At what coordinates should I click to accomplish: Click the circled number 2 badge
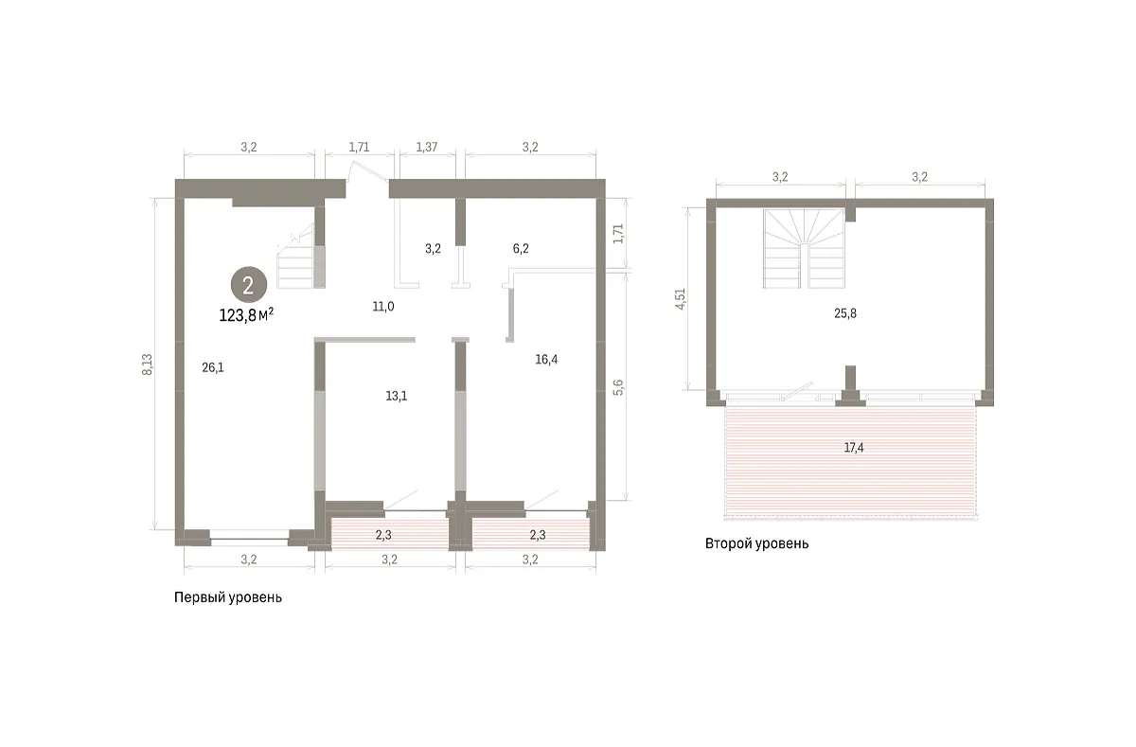click(x=248, y=285)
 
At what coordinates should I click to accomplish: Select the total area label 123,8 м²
click(x=246, y=315)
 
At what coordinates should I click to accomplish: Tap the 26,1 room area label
click(x=213, y=367)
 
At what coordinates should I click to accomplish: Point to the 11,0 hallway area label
click(x=382, y=307)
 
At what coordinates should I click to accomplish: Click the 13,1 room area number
click(x=396, y=396)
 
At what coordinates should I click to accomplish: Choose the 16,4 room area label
click(x=546, y=360)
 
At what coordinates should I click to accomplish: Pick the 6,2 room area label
click(x=521, y=248)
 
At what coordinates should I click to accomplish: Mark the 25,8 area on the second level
click(x=844, y=313)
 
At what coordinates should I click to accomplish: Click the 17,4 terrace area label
click(x=854, y=447)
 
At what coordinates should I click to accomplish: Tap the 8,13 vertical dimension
click(x=147, y=365)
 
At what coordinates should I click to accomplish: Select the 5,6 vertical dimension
click(x=617, y=387)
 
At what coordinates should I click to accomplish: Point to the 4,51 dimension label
click(x=680, y=299)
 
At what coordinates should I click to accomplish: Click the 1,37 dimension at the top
click(x=427, y=147)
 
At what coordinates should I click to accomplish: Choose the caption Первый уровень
click(x=228, y=597)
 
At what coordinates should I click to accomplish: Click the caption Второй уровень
click(x=756, y=543)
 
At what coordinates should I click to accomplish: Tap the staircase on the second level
click(x=805, y=249)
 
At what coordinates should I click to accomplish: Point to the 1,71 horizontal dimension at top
click(x=359, y=147)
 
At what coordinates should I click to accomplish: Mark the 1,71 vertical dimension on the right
click(x=617, y=233)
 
